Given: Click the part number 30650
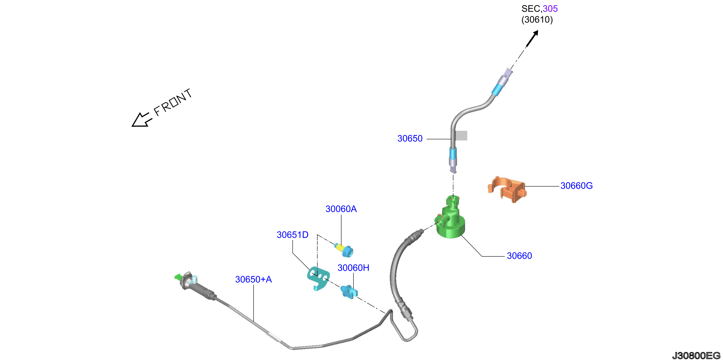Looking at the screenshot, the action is [x=410, y=138].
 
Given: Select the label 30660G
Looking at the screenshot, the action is [x=577, y=186].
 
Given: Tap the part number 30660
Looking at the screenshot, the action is [x=519, y=256].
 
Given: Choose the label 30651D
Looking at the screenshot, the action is [x=293, y=235].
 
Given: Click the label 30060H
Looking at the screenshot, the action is [x=353, y=268].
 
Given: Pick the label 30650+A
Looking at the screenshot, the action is [x=253, y=279].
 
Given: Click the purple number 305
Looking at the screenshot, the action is [x=550, y=9].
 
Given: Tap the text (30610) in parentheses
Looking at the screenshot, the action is [x=537, y=20].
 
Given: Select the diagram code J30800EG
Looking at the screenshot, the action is [x=696, y=356].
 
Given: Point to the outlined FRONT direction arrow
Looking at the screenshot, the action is [x=142, y=120].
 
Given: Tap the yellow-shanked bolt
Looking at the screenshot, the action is [x=344, y=250].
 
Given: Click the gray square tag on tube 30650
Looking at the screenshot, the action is [x=461, y=136].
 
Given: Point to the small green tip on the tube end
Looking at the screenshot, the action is [x=178, y=277].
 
